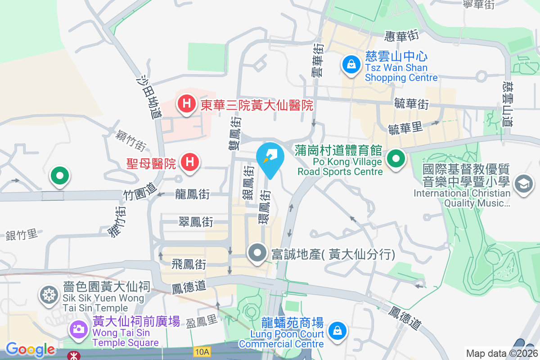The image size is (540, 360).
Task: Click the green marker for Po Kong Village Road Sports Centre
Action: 396,159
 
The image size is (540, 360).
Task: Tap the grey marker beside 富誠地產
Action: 257,253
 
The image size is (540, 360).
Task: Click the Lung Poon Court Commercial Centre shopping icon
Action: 336,331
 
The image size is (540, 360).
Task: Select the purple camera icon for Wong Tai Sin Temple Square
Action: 78,329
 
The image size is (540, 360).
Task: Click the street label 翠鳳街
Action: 196,221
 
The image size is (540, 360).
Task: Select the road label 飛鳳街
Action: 189,264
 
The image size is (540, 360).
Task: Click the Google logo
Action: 30,349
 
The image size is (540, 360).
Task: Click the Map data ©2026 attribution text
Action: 501,353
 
